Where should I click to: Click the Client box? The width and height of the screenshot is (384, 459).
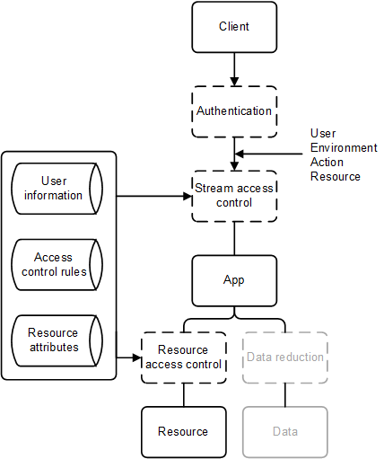[234, 27]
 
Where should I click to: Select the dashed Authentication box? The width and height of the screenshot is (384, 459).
[234, 111]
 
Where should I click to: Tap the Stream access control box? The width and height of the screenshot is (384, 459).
[234, 196]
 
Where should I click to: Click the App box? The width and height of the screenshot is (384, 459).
[234, 280]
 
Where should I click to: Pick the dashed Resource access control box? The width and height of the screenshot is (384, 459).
[183, 357]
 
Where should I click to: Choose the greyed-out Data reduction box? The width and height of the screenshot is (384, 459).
[285, 357]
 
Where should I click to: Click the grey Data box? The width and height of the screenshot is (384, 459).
[285, 431]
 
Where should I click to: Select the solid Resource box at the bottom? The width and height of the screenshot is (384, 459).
[183, 431]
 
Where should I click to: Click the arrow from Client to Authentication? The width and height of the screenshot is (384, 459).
[234, 68]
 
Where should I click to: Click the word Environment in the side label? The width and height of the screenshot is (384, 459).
[344, 148]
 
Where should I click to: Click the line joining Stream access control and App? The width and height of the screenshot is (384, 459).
[234, 238]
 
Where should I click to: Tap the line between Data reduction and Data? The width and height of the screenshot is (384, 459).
[285, 395]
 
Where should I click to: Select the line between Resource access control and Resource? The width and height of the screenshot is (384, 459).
[183, 395]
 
